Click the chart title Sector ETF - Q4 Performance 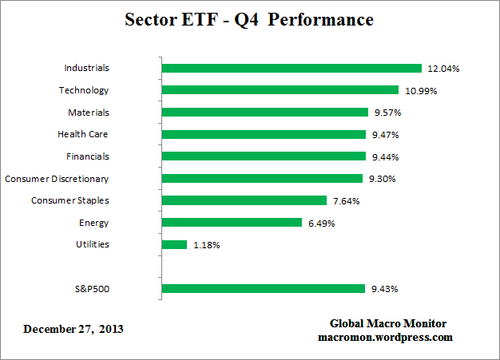click(249, 19)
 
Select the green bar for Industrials click(292, 69)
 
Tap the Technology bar click(280, 90)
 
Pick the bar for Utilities click(174, 244)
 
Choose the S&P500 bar click(263, 289)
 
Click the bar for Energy click(232, 223)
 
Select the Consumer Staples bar click(244, 200)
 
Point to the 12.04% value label click(443, 69)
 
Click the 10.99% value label click(420, 91)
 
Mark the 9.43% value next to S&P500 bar click(384, 289)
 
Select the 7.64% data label click(345, 201)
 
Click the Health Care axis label click(83, 134)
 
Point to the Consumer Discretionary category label click(57, 178)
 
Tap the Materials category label click(88, 113)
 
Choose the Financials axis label click(87, 156)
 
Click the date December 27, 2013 click(73, 329)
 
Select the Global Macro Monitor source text click(388, 323)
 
